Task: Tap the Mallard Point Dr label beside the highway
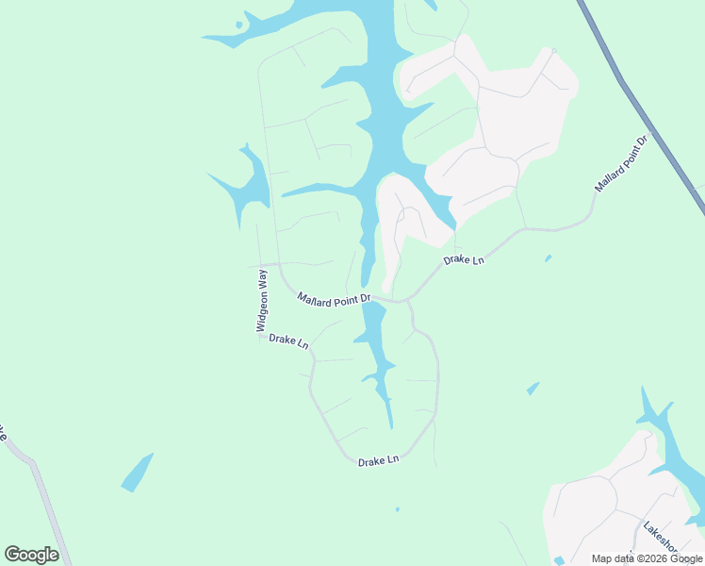pos(622,164)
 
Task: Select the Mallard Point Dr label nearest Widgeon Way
pos(335,298)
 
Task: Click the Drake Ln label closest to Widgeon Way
pos(288,341)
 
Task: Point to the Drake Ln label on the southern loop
pos(379,460)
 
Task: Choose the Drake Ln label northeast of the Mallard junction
pos(464,259)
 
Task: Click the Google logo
pos(31,554)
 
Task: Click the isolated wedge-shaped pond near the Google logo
pos(138,472)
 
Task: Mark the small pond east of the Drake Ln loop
pos(533,388)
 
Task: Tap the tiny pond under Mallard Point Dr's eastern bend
pos(548,258)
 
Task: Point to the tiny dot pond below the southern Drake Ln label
pos(397,509)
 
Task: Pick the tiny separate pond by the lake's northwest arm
pos(239,25)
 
